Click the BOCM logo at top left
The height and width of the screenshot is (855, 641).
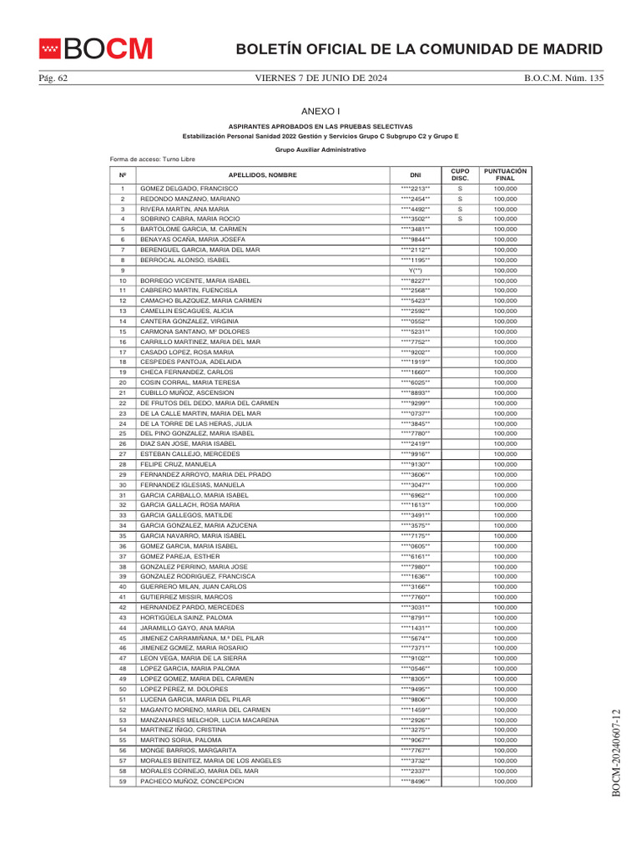[x=96, y=49]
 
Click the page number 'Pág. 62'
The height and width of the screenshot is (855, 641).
[x=53, y=78]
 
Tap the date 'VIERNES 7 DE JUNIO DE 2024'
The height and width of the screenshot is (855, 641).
[x=320, y=78]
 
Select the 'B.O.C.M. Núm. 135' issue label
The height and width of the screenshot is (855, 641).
[x=563, y=78]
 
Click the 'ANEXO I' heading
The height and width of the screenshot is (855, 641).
[x=320, y=111]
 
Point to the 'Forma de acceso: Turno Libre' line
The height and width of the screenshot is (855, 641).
[x=152, y=159]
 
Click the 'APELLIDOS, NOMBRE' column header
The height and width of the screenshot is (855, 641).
[x=263, y=175]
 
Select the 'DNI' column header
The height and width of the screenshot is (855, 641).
[x=416, y=175]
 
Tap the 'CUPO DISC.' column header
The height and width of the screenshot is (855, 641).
[x=460, y=175]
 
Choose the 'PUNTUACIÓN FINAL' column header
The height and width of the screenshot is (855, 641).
[x=505, y=175]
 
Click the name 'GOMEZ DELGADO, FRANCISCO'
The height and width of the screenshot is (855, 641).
[x=189, y=189]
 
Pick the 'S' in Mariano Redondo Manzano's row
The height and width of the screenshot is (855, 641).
[x=460, y=200]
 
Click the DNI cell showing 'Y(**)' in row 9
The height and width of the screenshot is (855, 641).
[x=416, y=271]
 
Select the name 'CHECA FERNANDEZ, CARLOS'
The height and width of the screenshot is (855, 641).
[x=186, y=372]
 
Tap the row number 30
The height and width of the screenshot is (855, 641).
[x=123, y=484]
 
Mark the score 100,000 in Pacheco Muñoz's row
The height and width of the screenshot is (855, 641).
[x=505, y=781]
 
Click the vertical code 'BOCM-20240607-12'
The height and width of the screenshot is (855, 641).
[x=617, y=751]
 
